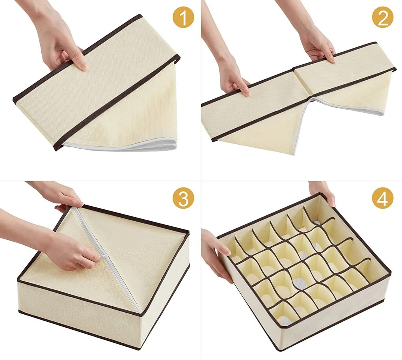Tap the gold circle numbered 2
(383, 19)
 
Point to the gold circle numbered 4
(383, 199)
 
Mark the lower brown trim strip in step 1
(118, 103)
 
